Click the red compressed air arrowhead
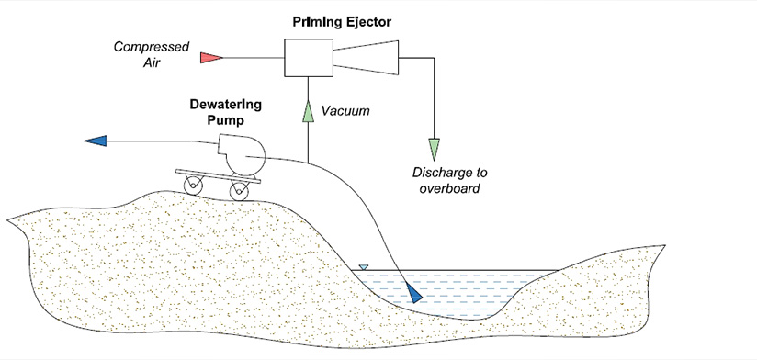(x=211, y=57)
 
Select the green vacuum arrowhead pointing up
(x=308, y=111)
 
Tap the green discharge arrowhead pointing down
(x=434, y=147)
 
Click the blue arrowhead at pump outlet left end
(x=96, y=141)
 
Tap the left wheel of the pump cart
(x=195, y=186)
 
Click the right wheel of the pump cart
(x=240, y=191)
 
